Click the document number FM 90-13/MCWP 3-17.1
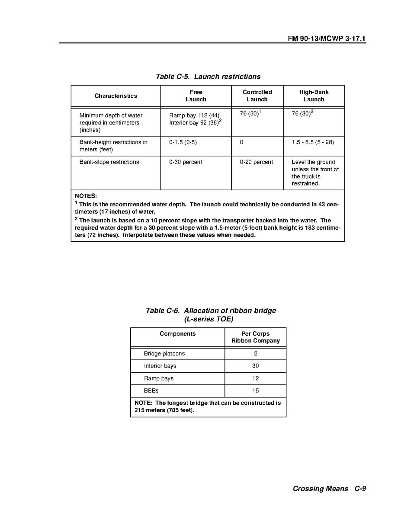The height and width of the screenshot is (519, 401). [x=327, y=38]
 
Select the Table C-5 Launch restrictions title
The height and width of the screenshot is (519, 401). [x=208, y=77]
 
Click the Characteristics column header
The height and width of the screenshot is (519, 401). [x=116, y=96]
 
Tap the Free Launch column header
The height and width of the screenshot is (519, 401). [x=196, y=96]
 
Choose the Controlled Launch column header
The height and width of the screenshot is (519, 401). [x=257, y=96]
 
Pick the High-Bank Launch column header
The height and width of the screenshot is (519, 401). [x=314, y=96]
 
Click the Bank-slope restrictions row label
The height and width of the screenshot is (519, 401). [x=109, y=162]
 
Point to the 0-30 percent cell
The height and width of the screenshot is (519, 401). [x=186, y=162]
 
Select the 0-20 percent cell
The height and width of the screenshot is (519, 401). [x=257, y=162]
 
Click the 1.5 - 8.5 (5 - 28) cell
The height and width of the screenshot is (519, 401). [x=313, y=142]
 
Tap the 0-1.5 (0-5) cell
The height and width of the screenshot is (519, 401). [x=183, y=142]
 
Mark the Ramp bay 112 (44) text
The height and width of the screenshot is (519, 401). [x=194, y=115]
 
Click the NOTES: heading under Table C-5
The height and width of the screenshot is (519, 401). [x=86, y=196]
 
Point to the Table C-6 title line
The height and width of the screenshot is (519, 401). [x=211, y=311]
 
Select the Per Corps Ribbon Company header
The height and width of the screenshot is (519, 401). [x=255, y=337]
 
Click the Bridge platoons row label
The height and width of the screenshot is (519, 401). [x=164, y=354]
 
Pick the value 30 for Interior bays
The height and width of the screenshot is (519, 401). [x=256, y=366]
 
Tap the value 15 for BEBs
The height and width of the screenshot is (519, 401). [x=256, y=391]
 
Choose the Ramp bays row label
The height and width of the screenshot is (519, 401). [x=159, y=378]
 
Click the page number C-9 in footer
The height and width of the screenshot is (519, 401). [x=360, y=489]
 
